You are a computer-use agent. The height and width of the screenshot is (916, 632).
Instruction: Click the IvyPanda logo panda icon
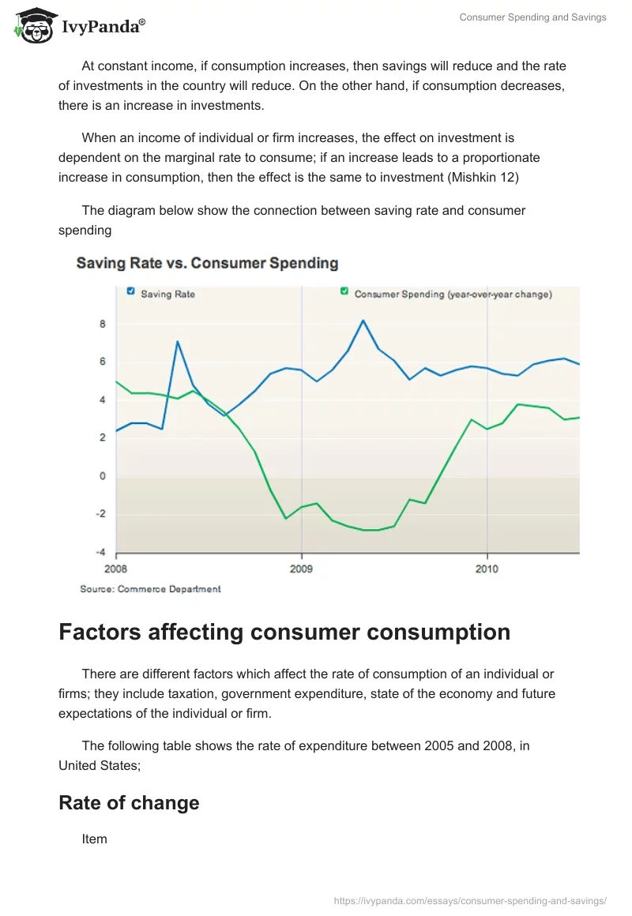point(33,25)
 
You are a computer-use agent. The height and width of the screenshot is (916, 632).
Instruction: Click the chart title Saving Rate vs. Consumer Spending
point(207,264)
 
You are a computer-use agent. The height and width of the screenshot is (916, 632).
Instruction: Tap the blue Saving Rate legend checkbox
point(131,292)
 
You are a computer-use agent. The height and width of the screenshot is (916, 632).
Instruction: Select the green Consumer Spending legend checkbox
point(344,292)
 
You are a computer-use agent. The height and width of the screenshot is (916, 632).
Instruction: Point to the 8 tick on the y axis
point(103,324)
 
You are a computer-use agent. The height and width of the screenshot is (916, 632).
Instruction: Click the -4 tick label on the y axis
point(100,552)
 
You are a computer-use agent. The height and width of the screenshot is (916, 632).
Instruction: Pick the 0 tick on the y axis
point(103,476)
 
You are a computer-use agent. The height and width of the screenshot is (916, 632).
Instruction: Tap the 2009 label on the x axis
point(301,569)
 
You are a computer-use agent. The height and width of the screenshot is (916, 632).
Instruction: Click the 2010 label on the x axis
point(487,569)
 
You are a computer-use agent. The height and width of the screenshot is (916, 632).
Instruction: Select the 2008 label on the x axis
point(116,569)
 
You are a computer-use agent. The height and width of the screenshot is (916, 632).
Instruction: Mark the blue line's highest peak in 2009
point(363,321)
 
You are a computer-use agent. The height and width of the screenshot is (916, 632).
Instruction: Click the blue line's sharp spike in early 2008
point(178,341)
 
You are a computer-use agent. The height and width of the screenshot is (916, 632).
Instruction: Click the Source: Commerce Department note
point(150,589)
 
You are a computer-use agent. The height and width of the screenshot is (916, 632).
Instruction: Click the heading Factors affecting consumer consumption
point(284,633)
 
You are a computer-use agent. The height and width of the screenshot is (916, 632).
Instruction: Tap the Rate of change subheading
point(129,803)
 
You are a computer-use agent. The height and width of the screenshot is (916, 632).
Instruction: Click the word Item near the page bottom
point(94,839)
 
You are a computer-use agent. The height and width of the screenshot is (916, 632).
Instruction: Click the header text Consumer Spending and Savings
point(532,17)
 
